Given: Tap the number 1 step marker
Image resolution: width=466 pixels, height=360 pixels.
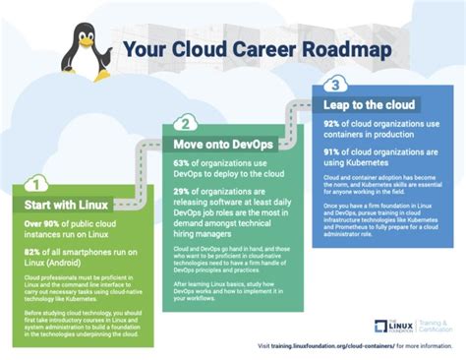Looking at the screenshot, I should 34,183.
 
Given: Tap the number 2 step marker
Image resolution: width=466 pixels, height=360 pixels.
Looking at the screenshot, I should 183,123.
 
